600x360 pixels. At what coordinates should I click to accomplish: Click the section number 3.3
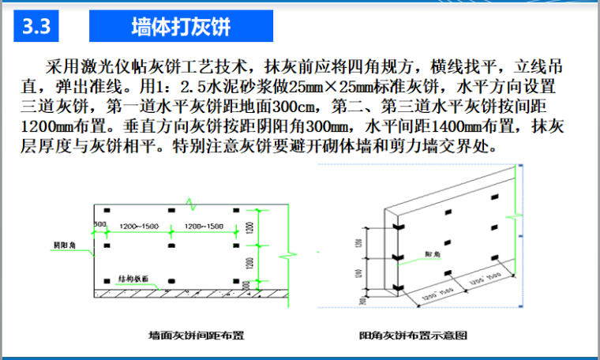coord(37,28)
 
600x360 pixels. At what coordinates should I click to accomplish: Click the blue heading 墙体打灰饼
coord(182,28)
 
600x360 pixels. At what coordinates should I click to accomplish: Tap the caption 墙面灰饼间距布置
coord(196,335)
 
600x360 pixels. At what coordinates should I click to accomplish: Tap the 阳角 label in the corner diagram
coord(432,253)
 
